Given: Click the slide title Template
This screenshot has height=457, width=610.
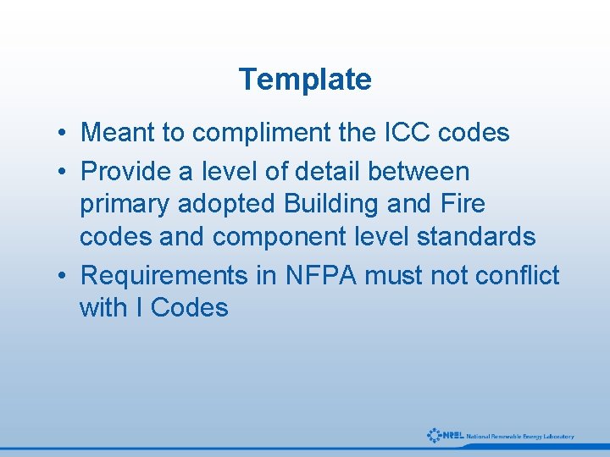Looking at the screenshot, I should pos(305,80).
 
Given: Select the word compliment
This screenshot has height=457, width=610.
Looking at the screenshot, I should pos(262,133).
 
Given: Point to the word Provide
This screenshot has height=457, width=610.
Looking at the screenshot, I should pos(125,172).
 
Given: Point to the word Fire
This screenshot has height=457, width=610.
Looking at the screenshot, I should pos(463,205).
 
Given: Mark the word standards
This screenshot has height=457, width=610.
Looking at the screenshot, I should pos(476,237).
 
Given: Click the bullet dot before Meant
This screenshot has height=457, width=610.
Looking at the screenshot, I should pos(64,134).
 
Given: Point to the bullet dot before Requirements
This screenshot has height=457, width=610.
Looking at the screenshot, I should pos(64,277).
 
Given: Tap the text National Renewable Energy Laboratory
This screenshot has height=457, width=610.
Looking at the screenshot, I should pos(520,437).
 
